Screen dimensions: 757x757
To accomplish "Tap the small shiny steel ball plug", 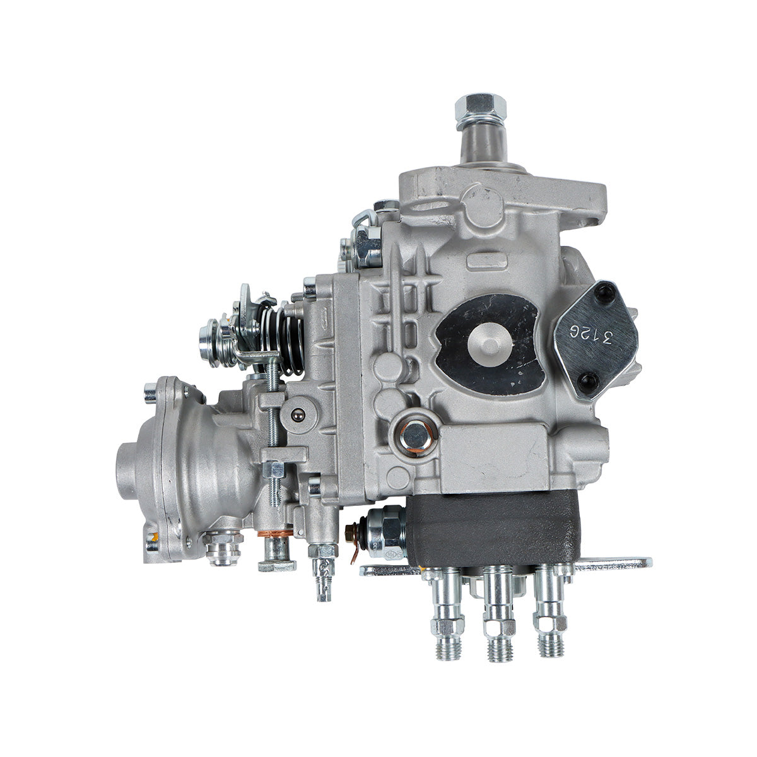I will [x=296, y=414].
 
